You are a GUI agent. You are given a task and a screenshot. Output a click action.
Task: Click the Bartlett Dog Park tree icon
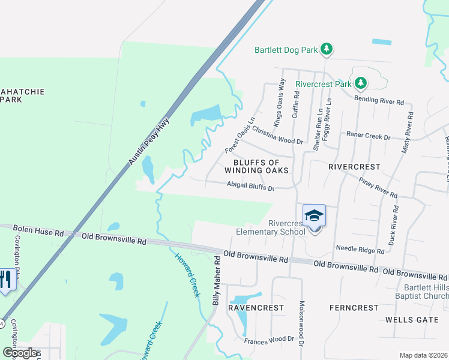pyautogui.click(x=326, y=49)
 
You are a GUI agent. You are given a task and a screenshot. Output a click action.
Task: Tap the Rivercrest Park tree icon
pyautogui.click(x=360, y=83)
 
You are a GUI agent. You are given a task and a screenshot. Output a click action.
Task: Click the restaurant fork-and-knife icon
pyautogui.click(x=6, y=280)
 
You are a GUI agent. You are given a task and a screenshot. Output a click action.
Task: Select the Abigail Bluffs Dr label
pyautogui.click(x=250, y=187)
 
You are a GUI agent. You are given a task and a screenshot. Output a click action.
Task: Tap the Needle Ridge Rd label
pyautogui.click(x=360, y=248)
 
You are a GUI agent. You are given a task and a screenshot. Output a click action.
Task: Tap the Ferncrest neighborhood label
pyautogui.click(x=354, y=308)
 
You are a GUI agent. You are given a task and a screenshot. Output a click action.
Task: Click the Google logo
pyautogui.click(x=20, y=352)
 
